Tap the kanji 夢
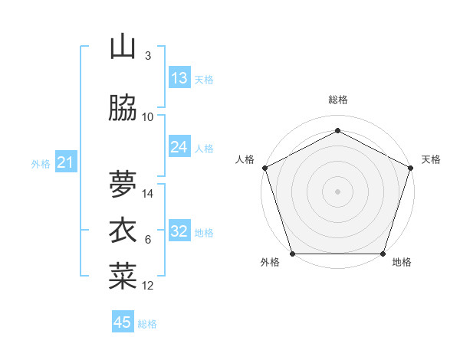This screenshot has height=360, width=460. coord(123,184)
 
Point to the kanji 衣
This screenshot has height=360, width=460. coord(123,231)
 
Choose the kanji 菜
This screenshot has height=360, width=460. coord(123,276)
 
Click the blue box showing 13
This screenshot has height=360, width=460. coord(179,78)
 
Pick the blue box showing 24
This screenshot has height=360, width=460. coord(179,147)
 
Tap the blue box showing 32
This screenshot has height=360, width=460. coord(179,232)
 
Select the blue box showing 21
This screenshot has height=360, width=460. coord(66,162)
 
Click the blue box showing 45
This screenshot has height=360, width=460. coord(123,322)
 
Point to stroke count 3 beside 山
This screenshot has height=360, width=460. coord(148,55)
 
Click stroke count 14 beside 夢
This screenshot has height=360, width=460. coord(149,194)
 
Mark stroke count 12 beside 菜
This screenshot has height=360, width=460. coord(149,286)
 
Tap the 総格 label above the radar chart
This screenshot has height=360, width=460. coord(338,100)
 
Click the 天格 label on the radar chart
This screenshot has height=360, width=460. coord(432,159)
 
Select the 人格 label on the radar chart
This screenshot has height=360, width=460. coord(245,159)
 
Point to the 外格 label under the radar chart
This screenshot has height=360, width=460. coord(270,263)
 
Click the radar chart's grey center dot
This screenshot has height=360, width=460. coord(338,191)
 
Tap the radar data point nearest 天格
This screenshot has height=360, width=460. coord(410,168)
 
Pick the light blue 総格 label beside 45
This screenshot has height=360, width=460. coord(147,324)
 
